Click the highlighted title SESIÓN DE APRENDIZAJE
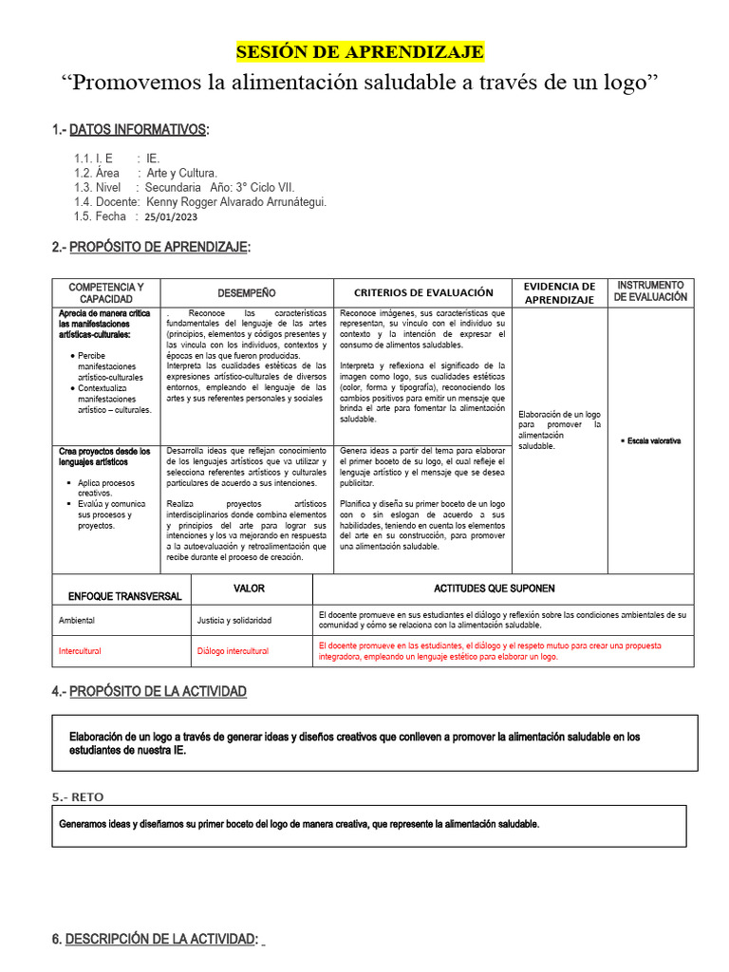tap(360, 51)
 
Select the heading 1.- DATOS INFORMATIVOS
tap(131, 129)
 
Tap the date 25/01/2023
tap(178, 216)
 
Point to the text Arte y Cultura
tap(182, 173)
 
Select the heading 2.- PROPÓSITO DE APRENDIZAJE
tap(152, 247)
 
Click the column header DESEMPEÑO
tap(247, 293)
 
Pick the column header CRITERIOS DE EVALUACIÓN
tap(423, 293)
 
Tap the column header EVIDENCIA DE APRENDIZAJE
tap(560, 292)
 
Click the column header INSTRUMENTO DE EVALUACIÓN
tap(650, 290)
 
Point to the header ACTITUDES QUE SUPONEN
tap(495, 589)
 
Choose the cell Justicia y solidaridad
tap(234, 620)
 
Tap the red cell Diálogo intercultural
tap(233, 651)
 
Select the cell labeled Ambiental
tap(77, 620)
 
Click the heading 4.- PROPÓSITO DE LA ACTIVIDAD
tap(149, 692)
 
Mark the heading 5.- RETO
tap(78, 797)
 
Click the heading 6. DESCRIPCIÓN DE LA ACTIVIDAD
tap(155, 939)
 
